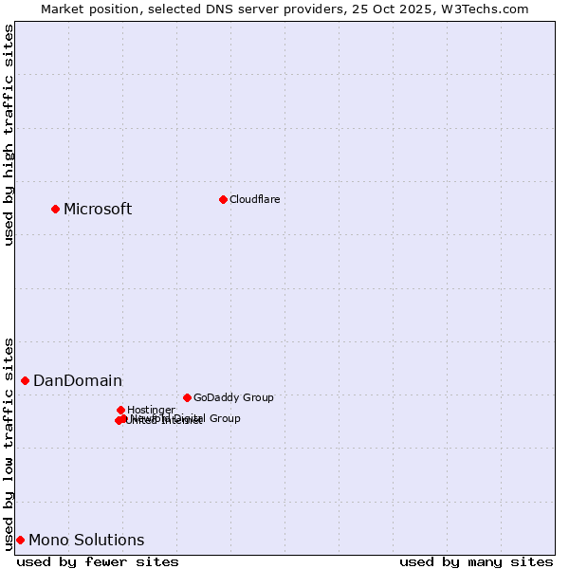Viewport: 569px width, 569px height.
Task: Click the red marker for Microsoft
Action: click(56, 209)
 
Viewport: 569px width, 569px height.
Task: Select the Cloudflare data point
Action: click(223, 199)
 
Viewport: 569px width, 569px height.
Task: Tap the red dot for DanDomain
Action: click(26, 380)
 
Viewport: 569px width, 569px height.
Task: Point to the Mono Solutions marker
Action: click(20, 540)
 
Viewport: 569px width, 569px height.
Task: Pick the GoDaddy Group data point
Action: click(187, 397)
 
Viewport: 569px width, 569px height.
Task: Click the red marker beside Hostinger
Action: click(120, 410)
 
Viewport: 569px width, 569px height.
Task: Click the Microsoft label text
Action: click(98, 209)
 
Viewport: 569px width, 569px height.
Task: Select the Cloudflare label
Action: click(254, 199)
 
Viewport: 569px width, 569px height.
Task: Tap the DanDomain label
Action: click(78, 380)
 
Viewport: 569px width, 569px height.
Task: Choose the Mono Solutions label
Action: click(86, 540)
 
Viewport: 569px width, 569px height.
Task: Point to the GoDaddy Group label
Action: click(233, 397)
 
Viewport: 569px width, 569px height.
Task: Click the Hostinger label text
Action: click(151, 410)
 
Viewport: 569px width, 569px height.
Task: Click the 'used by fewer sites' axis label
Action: click(98, 561)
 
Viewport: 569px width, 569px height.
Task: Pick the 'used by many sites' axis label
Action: click(476, 561)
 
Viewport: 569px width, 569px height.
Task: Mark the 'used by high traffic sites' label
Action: click(9, 135)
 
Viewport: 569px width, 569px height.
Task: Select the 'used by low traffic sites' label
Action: click(9, 443)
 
